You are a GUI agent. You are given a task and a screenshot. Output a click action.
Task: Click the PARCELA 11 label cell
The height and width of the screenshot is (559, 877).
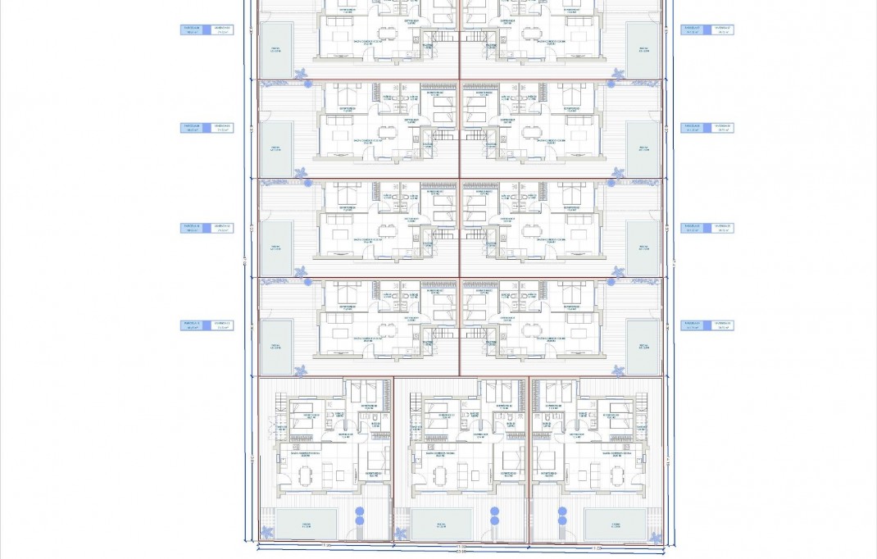point(193,325)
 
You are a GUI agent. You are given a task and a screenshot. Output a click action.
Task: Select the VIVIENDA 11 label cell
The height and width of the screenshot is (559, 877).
point(221,325)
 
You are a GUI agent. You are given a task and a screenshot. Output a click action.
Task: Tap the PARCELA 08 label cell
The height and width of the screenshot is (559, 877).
point(193,30)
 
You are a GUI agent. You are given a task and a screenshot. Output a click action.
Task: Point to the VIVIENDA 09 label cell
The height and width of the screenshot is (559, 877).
point(221,128)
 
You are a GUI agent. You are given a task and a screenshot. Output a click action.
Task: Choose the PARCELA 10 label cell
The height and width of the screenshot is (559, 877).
point(193,228)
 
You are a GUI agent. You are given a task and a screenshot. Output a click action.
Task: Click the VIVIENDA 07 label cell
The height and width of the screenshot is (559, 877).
point(721,30)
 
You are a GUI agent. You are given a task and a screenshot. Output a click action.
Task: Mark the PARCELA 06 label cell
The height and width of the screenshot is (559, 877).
point(693,128)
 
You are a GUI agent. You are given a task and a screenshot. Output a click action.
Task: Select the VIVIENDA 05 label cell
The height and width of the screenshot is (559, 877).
point(721,228)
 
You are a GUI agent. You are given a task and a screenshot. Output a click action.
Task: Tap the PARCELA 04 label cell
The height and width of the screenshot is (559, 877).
point(693,325)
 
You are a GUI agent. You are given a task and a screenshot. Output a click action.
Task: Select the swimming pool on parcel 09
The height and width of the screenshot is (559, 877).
point(276,150)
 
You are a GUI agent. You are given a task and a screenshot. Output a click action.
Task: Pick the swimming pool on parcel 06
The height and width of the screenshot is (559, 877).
point(643,150)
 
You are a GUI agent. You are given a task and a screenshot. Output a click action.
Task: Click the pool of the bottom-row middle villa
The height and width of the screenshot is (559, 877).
point(441,519)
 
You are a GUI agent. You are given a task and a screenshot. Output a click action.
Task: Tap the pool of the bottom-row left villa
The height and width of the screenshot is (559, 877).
point(306,519)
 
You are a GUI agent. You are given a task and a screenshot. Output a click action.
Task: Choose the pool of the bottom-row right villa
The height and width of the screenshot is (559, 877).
point(615,519)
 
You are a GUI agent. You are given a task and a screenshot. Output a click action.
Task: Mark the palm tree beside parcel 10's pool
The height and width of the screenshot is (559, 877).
point(300,271)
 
